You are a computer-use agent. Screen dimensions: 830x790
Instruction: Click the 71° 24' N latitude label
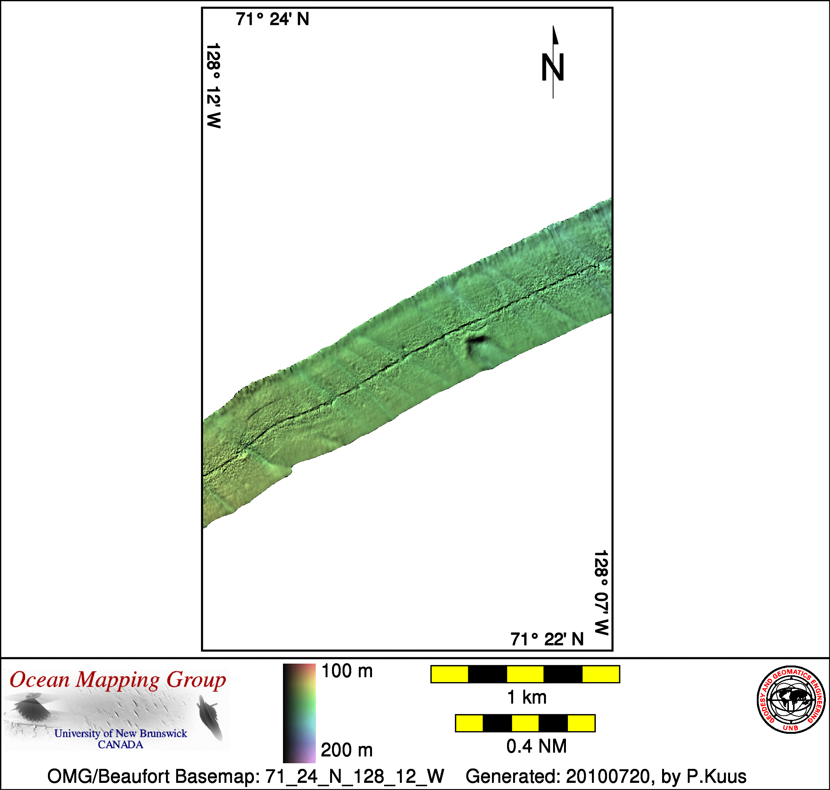pyautogui.click(x=272, y=19)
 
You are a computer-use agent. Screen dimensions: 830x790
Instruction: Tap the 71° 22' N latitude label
pyautogui.click(x=547, y=639)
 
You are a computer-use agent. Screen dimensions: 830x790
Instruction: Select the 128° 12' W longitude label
pyautogui.click(x=214, y=86)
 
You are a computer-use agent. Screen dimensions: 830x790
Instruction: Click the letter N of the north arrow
pyautogui.click(x=552, y=68)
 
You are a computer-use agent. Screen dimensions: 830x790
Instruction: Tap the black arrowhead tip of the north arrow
pyautogui.click(x=553, y=26)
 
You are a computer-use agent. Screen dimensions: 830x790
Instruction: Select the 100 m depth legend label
pyautogui.click(x=347, y=671)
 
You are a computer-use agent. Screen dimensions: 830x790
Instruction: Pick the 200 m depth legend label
pyautogui.click(x=347, y=750)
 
